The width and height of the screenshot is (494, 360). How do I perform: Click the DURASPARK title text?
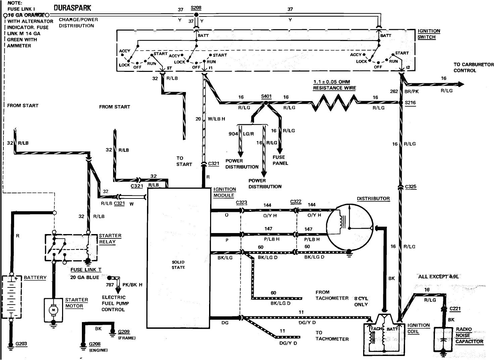coord(72,7)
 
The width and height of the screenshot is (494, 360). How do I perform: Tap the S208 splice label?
coord(196,7)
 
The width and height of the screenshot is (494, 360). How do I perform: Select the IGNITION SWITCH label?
coord(429,34)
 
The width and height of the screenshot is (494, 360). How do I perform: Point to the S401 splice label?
coord(266,96)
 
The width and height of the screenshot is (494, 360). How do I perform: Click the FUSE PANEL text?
coord(280,160)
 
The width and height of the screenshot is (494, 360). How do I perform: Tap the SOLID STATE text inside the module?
coord(178,265)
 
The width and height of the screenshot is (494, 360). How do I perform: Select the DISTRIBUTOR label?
coord(373,198)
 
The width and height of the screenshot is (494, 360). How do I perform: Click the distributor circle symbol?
coord(350,228)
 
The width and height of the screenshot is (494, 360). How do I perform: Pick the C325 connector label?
coord(411,187)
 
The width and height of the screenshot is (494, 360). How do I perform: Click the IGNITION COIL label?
coord(418,328)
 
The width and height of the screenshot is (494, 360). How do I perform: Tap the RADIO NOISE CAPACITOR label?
coord(469,335)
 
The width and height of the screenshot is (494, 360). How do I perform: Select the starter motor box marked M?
coord(53,310)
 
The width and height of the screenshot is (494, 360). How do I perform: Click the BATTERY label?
coord(35,278)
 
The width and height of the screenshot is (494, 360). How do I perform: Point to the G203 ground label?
coord(21,344)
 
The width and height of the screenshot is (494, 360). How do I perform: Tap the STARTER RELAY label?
coord(110,239)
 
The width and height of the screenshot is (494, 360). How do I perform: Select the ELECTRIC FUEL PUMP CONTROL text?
coord(115,303)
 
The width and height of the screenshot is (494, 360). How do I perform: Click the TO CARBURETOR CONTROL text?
coord(473,67)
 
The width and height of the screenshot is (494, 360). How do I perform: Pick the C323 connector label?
coord(241,203)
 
